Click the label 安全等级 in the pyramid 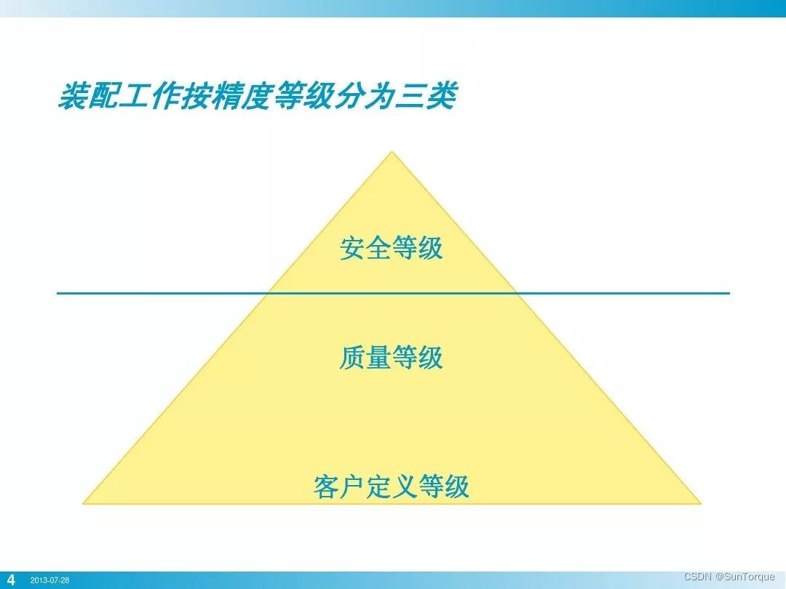tap(391, 249)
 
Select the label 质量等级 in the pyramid tap(391, 358)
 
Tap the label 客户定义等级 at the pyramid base tap(392, 486)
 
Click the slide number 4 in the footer tap(11, 580)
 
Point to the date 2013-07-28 tap(50, 581)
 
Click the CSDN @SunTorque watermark tap(729, 577)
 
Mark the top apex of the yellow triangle tap(392, 152)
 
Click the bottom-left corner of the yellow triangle tap(83, 503)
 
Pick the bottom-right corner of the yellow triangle tap(700, 503)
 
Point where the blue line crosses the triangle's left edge tap(269, 293)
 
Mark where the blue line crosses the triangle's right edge tap(516, 293)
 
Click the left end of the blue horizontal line tap(58, 293)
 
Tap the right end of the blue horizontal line tap(729, 293)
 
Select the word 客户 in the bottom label tap(339, 486)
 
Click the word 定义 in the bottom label tap(392, 486)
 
